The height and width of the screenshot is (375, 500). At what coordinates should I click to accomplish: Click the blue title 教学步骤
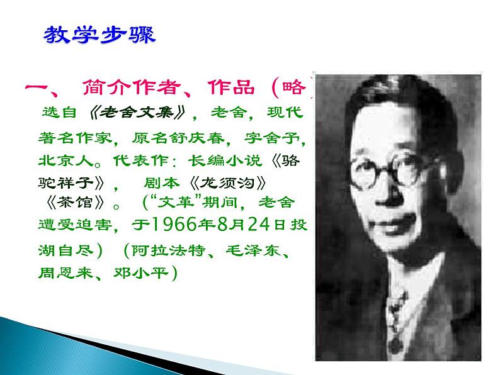(x=99, y=35)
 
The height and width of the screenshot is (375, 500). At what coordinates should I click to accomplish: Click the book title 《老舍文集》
(x=135, y=113)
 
